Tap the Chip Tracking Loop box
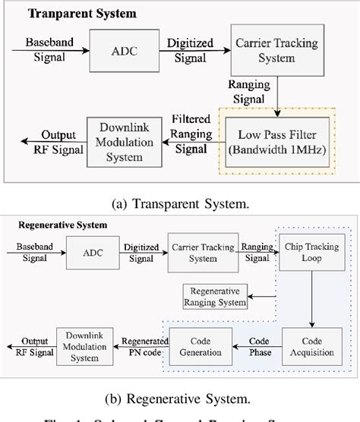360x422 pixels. (x=308, y=253)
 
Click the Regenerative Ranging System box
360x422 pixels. (x=216, y=298)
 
